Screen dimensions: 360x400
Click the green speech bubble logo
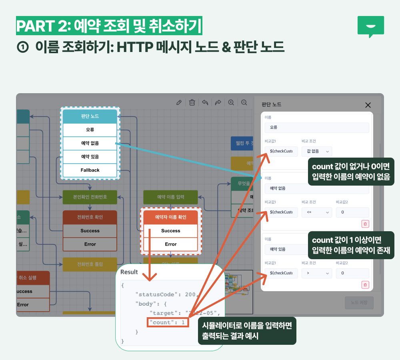(x=370, y=26)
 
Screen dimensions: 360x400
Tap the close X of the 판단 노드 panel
(x=368, y=105)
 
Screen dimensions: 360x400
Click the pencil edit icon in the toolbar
(x=179, y=102)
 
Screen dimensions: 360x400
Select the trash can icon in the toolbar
(x=192, y=102)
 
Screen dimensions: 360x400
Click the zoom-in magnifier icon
(x=231, y=102)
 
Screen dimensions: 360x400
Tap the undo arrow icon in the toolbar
(x=205, y=102)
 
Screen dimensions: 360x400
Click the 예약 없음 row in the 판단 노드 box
(x=90, y=143)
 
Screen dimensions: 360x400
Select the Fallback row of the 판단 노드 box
(x=90, y=170)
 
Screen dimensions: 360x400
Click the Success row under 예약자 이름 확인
(x=171, y=231)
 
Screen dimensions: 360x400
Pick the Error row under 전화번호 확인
(x=90, y=244)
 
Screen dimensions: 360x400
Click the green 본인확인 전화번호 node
(x=90, y=197)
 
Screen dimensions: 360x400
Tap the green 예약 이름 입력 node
(x=171, y=197)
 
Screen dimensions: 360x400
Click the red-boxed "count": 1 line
(x=168, y=322)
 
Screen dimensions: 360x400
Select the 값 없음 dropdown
(x=316, y=151)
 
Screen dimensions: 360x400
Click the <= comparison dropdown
(x=316, y=212)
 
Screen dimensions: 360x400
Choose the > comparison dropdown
(x=316, y=274)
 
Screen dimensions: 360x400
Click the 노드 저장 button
(x=359, y=303)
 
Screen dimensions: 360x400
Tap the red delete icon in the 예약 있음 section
(x=365, y=285)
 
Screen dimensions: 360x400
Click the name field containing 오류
(x=316, y=128)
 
